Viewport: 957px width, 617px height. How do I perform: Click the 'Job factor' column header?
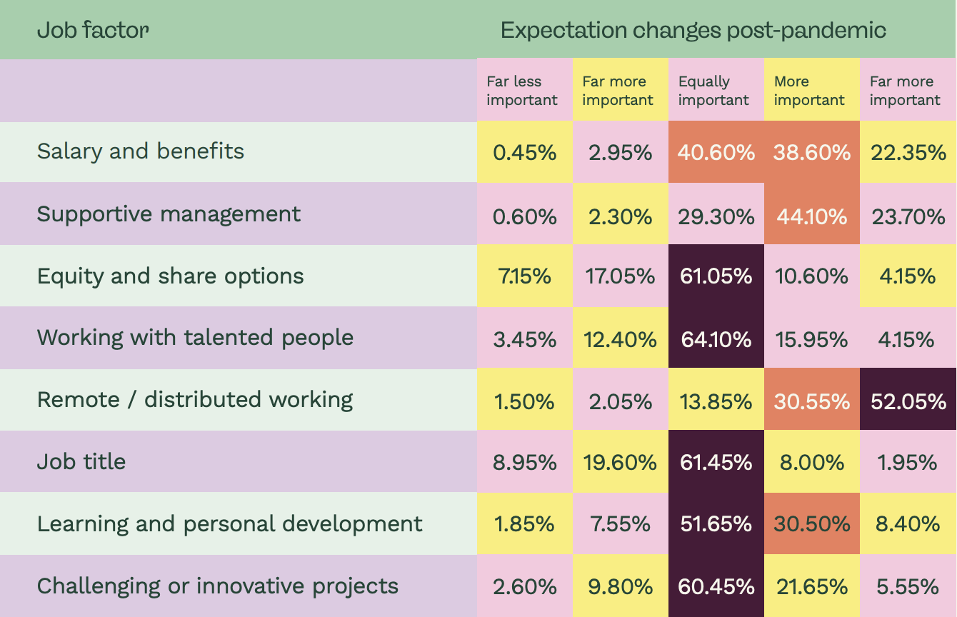[x=93, y=30]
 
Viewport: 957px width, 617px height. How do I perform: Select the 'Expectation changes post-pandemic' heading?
[x=693, y=30]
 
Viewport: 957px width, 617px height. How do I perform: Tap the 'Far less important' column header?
[x=521, y=91]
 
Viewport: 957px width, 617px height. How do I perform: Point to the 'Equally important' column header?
[x=713, y=91]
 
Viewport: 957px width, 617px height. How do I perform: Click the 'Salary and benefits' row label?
[x=141, y=151]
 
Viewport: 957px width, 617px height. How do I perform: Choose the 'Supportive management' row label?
[x=169, y=214]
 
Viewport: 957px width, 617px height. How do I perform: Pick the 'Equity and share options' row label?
[x=171, y=276]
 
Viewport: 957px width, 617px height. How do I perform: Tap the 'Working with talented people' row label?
[x=195, y=338]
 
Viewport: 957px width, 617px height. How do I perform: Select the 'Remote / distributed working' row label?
[x=195, y=400]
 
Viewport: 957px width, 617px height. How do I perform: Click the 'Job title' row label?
[x=81, y=461]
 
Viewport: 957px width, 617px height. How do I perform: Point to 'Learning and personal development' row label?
[x=229, y=524]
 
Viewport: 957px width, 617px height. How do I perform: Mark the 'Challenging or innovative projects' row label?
[x=217, y=586]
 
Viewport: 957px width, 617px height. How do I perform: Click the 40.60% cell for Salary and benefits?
[x=716, y=152]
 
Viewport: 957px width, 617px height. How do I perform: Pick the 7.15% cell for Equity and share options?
[x=525, y=276]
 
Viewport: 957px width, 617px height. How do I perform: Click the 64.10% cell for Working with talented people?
[x=716, y=338]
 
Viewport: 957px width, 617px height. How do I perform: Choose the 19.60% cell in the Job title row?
[x=621, y=461]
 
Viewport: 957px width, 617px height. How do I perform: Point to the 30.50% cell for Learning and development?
[x=812, y=524]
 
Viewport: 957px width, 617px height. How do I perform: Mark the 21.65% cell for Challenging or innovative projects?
[x=812, y=586]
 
